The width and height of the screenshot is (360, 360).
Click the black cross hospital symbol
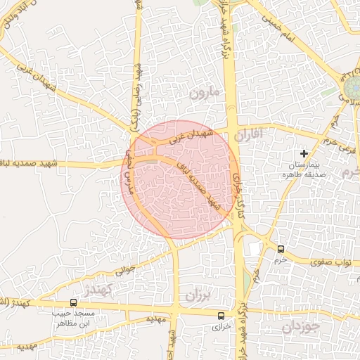click(304, 153)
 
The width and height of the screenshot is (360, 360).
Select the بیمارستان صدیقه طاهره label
click(304, 169)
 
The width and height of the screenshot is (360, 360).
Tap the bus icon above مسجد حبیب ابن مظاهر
click(74, 302)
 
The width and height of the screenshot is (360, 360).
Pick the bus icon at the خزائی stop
click(222, 316)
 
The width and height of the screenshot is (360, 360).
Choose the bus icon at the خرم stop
click(281, 249)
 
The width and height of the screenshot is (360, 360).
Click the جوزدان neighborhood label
click(302, 327)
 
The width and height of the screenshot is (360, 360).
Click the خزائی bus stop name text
click(221, 328)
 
